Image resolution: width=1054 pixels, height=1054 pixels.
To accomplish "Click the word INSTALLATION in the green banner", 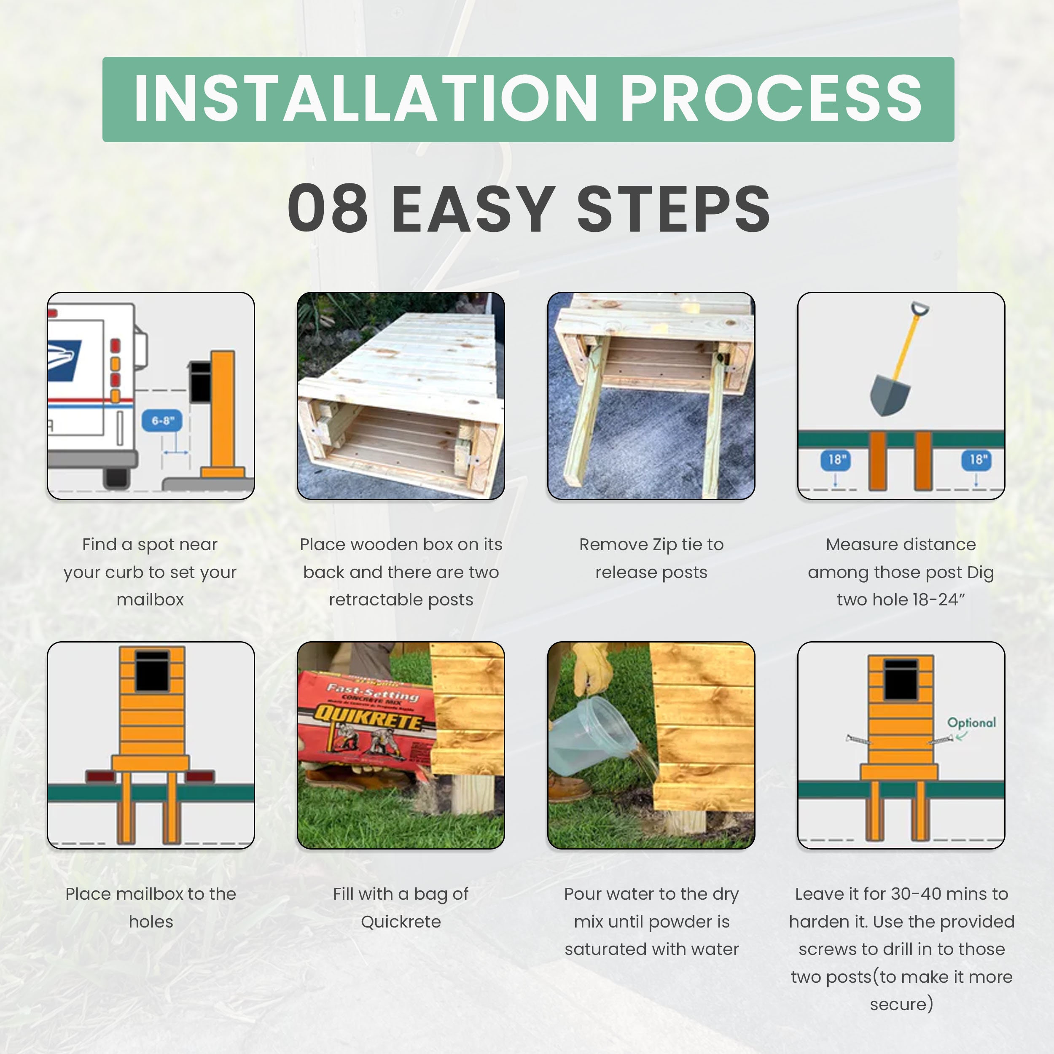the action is pos(366,99).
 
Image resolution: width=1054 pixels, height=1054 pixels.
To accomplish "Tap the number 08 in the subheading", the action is pos(328,208).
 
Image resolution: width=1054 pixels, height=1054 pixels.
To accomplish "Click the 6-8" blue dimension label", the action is pos(163,421).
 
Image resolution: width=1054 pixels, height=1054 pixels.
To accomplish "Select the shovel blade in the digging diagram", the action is pos(890,393).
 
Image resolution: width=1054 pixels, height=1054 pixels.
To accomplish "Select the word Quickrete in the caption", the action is pos(401,922).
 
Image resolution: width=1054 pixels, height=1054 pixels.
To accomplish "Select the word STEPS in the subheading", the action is pos(673,208).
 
